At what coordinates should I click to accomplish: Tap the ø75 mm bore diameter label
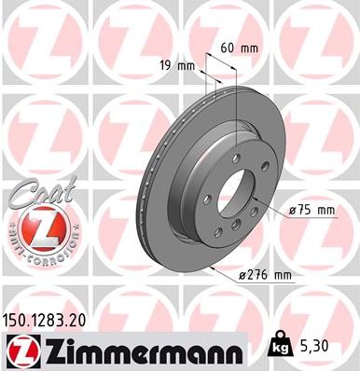tap(311, 211)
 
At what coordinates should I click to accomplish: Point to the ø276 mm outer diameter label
tap(267, 275)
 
